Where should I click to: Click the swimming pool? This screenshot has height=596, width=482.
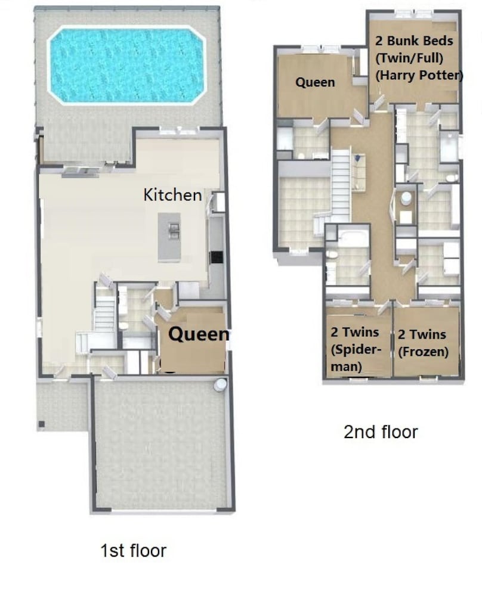coord(126,66)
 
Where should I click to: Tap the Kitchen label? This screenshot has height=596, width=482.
coord(172,195)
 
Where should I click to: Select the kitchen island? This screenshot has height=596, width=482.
coord(169,237)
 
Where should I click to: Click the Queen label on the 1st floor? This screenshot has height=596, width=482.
coord(199,334)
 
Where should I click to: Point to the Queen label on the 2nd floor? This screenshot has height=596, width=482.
coord(315,82)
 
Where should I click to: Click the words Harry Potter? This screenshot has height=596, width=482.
coord(419,75)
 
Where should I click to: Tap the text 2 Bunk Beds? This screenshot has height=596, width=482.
coord(414,41)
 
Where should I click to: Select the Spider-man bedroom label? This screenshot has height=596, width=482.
coord(356,349)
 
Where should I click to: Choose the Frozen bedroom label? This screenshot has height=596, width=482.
coord(423,343)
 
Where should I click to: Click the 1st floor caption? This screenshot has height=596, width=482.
coord(133,550)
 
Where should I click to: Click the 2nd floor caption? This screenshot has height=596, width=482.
coord(381,432)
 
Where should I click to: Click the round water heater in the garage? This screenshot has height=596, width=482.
coord(220,384)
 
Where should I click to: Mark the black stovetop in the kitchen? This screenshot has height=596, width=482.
coord(217,257)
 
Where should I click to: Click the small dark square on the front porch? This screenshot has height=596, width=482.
coord(41,424)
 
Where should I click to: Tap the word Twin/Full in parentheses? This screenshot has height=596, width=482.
coord(409,58)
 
